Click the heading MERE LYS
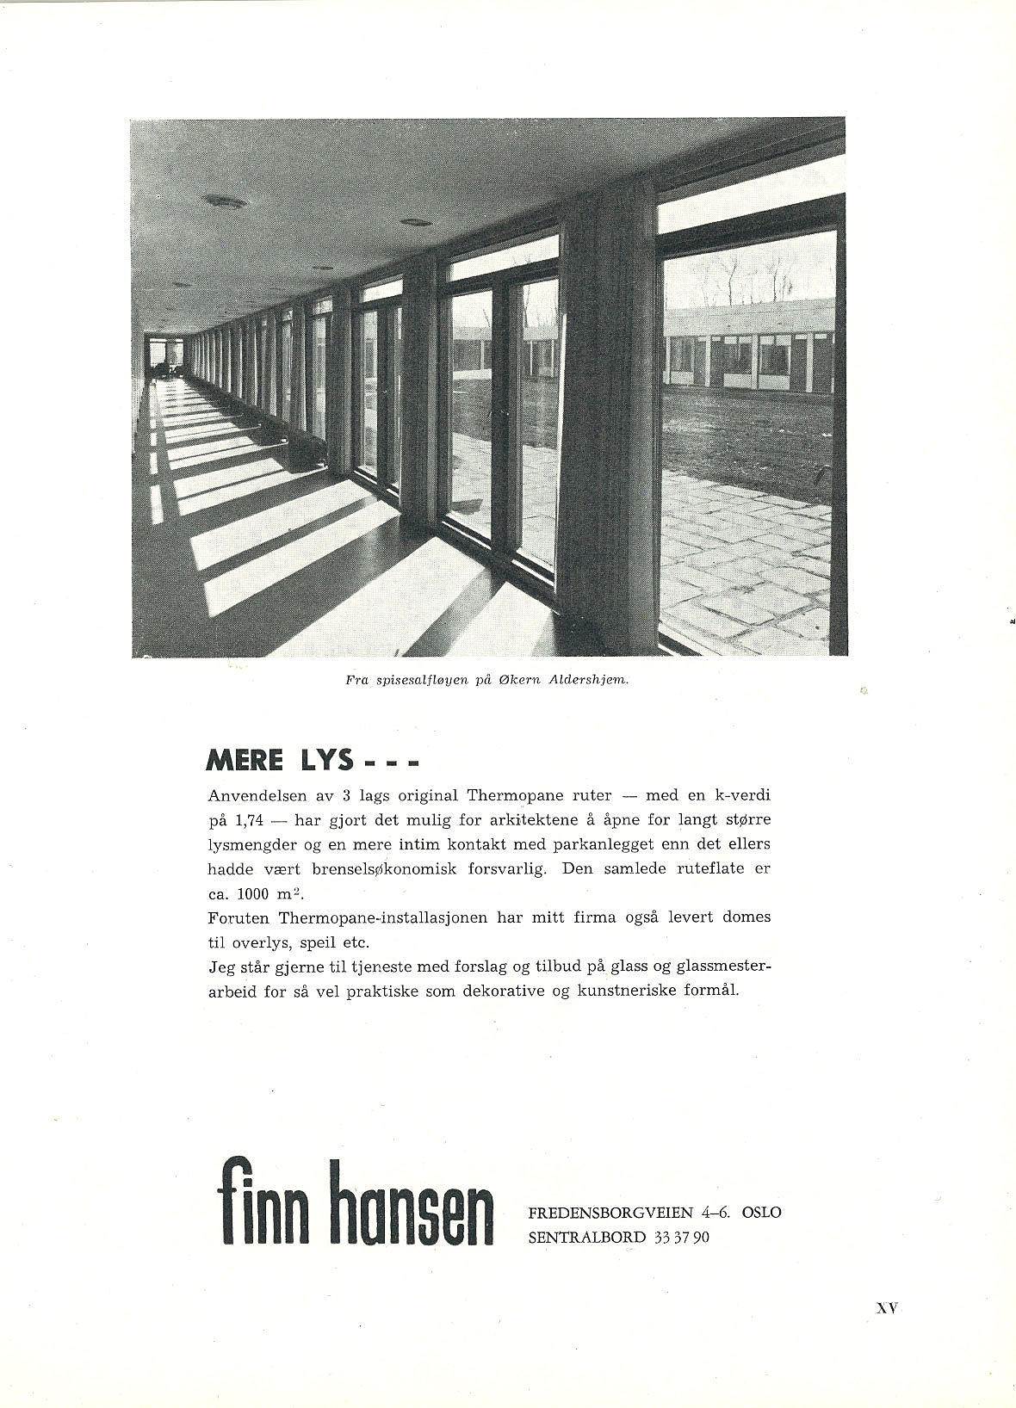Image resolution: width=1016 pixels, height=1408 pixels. coord(281,760)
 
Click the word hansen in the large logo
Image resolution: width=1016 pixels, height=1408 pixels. coord(417,1202)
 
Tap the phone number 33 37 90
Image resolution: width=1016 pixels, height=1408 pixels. coord(682,1238)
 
